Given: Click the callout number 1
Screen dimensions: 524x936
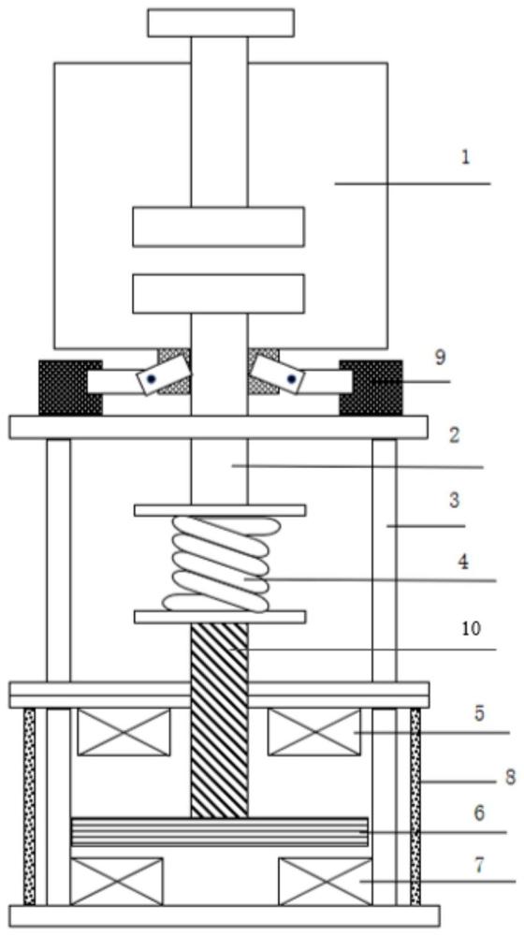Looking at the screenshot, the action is click(465, 157).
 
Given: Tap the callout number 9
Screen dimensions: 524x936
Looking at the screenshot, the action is click(441, 358).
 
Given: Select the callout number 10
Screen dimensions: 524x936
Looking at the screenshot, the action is click(471, 629).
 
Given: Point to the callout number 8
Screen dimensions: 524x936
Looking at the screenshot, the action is click(510, 778).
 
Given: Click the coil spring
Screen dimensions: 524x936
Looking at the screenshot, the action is click(220, 564).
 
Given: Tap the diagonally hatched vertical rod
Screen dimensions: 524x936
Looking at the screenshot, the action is click(220, 720).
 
